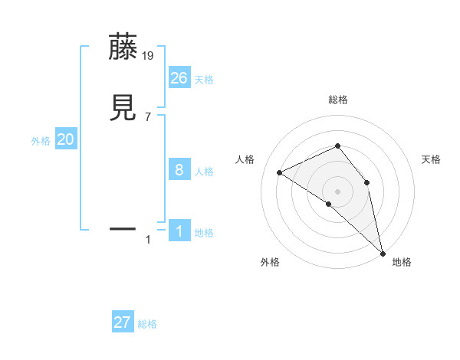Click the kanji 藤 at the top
(124, 47)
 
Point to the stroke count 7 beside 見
(148, 116)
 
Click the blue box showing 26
(179, 77)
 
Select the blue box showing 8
(179, 170)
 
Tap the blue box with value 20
(66, 139)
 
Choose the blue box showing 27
(123, 322)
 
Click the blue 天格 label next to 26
(204, 80)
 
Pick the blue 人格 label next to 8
(204, 172)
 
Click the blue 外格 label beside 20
(41, 141)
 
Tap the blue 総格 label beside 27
(147, 324)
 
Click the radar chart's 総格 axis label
(337, 100)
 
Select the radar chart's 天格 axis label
(431, 159)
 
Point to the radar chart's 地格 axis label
(402, 262)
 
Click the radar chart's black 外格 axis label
(270, 262)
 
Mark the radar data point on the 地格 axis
(383, 252)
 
